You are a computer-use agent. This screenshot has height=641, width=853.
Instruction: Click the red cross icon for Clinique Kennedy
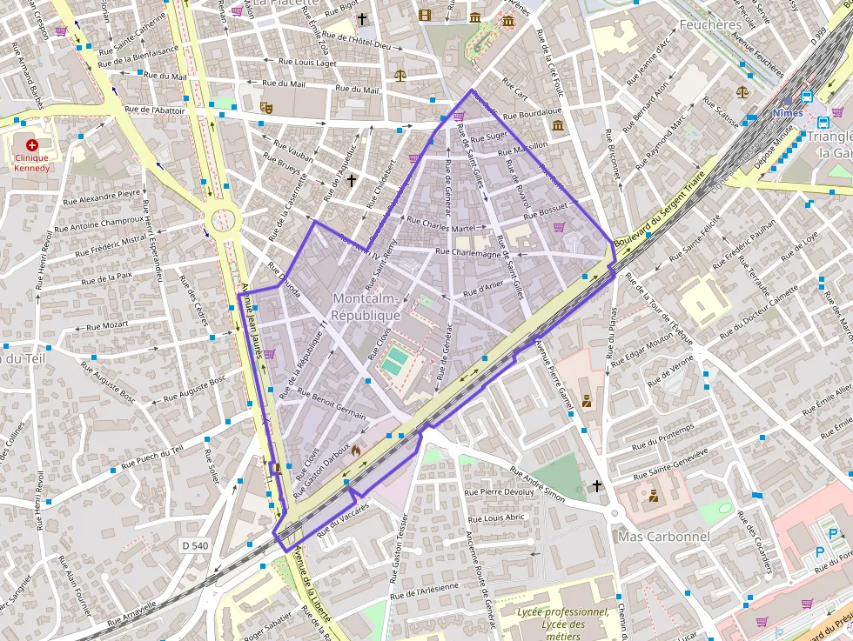click(x=32, y=145)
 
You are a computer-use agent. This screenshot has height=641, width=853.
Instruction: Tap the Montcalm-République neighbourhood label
click(x=366, y=307)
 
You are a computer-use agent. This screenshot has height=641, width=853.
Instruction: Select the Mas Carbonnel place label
click(x=663, y=537)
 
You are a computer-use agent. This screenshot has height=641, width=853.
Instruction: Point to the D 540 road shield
click(x=196, y=545)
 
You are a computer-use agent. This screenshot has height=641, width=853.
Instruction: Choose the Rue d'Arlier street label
click(x=484, y=287)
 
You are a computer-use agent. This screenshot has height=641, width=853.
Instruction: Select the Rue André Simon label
click(x=537, y=485)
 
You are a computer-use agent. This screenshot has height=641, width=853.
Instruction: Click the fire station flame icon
click(x=356, y=451)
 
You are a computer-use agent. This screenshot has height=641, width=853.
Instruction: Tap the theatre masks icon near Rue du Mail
click(x=266, y=106)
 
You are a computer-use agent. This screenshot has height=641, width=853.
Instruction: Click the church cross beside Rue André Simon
click(x=597, y=485)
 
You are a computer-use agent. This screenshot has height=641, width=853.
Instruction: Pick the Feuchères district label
click(x=710, y=25)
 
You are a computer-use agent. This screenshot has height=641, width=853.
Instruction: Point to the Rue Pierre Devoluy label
click(x=500, y=492)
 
